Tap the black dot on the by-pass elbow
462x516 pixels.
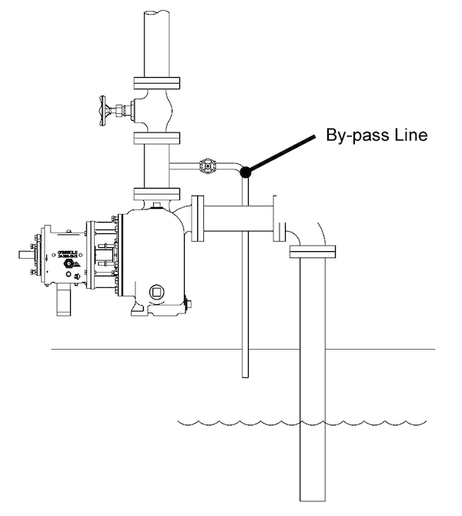pos(245,173)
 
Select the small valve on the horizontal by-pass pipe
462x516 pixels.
pos(206,166)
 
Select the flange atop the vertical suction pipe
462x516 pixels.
pos(313,251)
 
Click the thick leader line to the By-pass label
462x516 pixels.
pos(282,155)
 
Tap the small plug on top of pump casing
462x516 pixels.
pos(157,205)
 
